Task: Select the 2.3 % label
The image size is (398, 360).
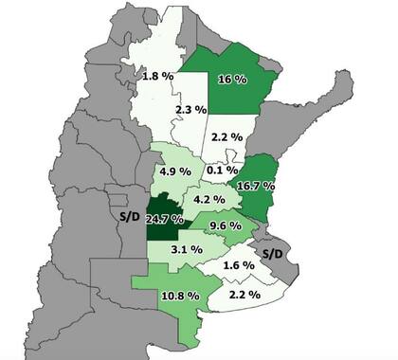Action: [191, 111]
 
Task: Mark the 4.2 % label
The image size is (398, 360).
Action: [208, 201]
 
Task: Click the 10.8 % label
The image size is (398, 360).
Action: [179, 297]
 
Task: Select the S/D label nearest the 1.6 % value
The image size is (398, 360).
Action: [273, 255]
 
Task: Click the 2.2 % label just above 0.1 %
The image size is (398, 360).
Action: [224, 138]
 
